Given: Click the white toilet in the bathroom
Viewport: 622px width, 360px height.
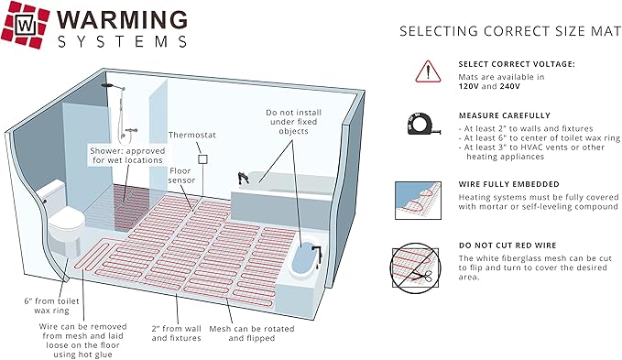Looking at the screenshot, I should [x=61, y=220].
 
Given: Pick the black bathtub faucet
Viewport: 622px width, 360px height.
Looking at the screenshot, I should [x=241, y=175].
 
